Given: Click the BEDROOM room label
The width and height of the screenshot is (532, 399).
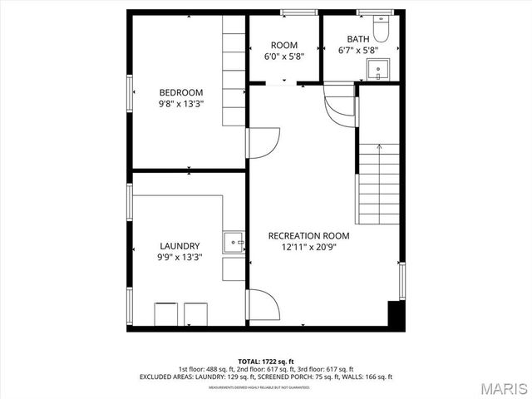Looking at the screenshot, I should click(x=180, y=92).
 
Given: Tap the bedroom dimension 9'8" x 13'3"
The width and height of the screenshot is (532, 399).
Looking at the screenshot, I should click(x=180, y=104).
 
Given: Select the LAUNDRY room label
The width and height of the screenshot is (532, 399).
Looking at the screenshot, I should click(x=180, y=246).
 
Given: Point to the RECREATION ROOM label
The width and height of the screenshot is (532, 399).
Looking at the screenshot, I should click(x=308, y=235).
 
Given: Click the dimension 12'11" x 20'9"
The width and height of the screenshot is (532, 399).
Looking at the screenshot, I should click(x=308, y=247).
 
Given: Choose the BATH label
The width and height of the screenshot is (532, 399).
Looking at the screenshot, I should click(x=358, y=38).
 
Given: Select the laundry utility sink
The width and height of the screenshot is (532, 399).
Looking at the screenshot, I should click(x=234, y=242).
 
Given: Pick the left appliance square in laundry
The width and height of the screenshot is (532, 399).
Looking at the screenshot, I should click(x=165, y=314).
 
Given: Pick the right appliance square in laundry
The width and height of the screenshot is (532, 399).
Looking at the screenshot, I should click(x=197, y=314).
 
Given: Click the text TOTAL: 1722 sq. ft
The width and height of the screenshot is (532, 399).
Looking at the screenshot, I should click(x=266, y=362).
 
